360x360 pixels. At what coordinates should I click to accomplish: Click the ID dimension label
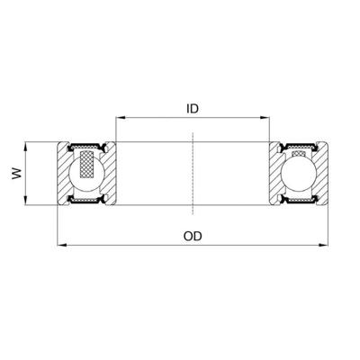tap(192, 108)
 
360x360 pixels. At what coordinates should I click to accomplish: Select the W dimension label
tap(15, 173)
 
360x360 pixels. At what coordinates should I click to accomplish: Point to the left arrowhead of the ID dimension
tap(118, 117)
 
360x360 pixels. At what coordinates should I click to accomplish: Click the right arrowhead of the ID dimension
tap(267, 117)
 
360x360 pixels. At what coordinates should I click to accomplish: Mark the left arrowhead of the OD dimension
tap(60, 244)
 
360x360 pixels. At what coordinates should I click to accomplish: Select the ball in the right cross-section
tap(299, 173)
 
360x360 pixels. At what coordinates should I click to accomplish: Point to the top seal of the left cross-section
tap(87, 146)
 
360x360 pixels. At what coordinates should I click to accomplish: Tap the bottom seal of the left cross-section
tap(87, 201)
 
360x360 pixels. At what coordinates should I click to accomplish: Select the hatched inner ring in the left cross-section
tap(111, 173)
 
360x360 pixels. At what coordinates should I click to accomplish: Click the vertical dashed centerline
tap(193, 173)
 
